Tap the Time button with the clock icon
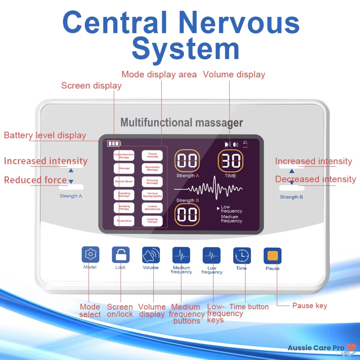point(242,256)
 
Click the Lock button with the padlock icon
point(120,255)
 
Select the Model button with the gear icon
point(90,255)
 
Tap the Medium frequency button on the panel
point(181,256)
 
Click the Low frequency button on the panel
point(211,256)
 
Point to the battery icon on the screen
point(114,144)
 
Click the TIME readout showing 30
point(231,161)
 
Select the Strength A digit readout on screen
point(187,161)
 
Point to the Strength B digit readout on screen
point(187,215)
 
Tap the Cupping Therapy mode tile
point(152,221)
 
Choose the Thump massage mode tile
point(152,155)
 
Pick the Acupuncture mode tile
point(124,221)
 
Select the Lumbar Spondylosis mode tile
point(152,208)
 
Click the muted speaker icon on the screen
point(228,145)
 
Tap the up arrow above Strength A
point(71,170)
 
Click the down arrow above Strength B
point(292,183)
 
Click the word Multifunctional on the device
point(156,122)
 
